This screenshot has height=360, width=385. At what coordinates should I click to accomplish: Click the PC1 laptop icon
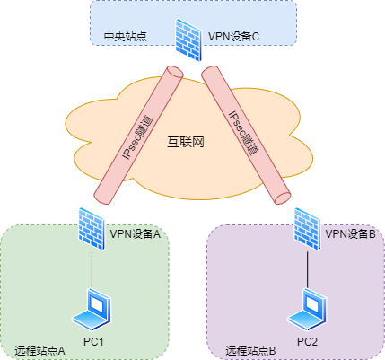(x=91, y=308)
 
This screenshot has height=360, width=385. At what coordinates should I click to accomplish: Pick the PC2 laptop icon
(x=306, y=308)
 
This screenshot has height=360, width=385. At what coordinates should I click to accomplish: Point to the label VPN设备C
(x=234, y=38)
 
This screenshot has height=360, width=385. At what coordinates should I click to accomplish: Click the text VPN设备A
(x=135, y=234)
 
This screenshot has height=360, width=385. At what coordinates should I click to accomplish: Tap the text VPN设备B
(x=350, y=234)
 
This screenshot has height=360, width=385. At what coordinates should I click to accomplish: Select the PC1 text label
(x=94, y=343)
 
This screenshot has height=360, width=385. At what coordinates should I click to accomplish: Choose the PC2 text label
(x=309, y=343)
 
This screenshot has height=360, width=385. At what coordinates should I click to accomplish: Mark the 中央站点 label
(x=125, y=38)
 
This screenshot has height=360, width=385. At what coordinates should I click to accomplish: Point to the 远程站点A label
(x=40, y=349)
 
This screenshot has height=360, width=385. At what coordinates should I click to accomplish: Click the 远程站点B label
(x=251, y=349)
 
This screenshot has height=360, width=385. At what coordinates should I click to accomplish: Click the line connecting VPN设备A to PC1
(x=91, y=265)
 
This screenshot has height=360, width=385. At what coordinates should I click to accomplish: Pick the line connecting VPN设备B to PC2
(x=306, y=265)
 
